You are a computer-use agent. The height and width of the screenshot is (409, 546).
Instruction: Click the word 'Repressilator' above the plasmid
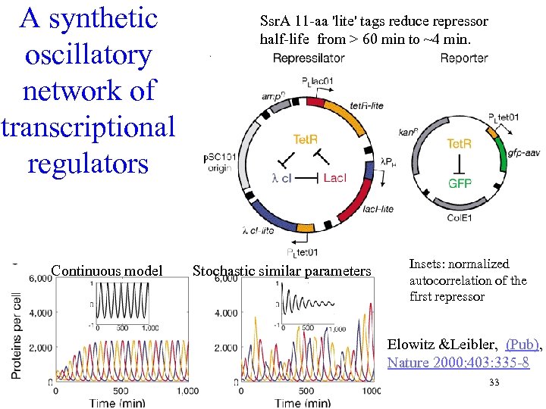(x=309, y=58)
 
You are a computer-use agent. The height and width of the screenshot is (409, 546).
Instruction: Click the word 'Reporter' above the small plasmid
(x=464, y=58)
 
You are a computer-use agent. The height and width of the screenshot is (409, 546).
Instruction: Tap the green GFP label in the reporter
(x=460, y=183)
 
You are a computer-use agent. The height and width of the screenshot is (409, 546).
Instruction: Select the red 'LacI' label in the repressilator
(x=334, y=177)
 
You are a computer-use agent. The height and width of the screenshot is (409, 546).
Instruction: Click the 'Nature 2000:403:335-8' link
(x=457, y=362)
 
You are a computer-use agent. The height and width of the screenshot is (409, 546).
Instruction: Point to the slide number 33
(x=494, y=382)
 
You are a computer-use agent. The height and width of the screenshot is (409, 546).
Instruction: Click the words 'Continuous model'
(x=107, y=270)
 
